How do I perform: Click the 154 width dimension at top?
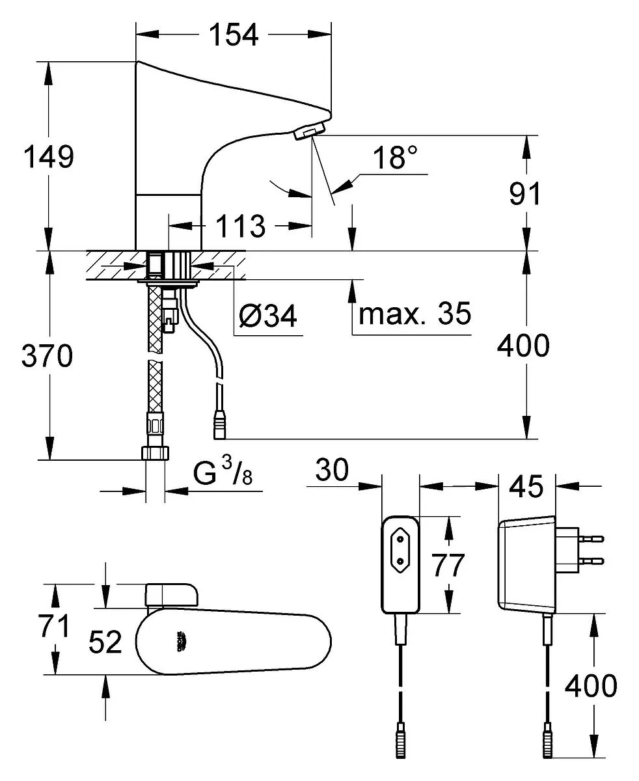[x=233, y=34]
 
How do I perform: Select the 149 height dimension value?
[x=49, y=157]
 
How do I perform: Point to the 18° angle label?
[x=394, y=158]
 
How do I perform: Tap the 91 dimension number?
[x=524, y=194]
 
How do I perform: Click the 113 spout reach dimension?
[x=240, y=226]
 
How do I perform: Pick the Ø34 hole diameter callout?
[x=267, y=316]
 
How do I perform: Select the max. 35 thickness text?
[x=415, y=314]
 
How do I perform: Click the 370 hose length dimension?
[x=47, y=356]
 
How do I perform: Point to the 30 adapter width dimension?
[x=332, y=469]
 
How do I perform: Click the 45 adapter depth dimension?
[x=526, y=486]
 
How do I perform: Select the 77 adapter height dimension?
[x=448, y=566]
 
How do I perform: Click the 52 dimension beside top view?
[x=105, y=642]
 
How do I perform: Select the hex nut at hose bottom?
[x=155, y=453]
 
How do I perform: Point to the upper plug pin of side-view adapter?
[x=591, y=539]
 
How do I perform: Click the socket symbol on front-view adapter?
[x=400, y=556]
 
